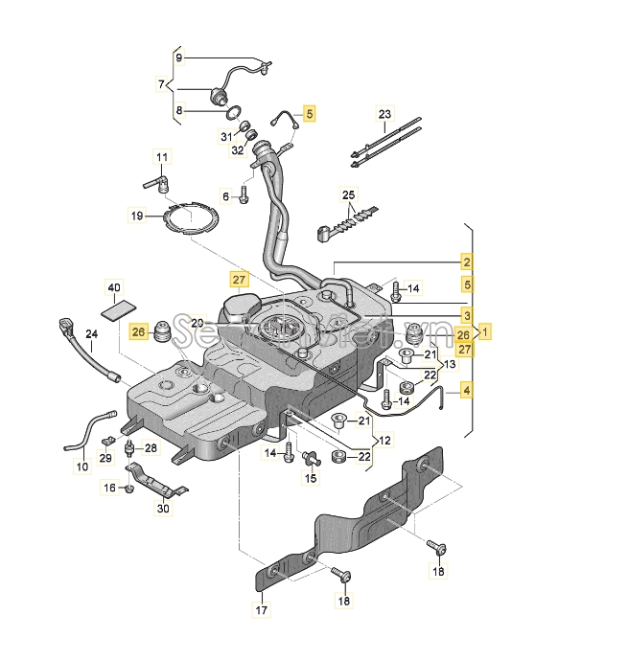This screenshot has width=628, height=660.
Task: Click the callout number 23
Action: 384,114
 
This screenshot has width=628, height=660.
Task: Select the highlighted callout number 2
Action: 467,262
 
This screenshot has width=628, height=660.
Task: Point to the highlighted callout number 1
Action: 486,332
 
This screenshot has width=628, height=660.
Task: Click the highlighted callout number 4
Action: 467,390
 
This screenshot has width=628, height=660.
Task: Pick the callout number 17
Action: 262,609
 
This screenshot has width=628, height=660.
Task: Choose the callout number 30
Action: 162,509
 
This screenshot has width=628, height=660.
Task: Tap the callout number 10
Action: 81,467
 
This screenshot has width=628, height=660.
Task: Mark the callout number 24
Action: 92,334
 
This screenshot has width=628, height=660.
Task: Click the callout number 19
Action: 137,216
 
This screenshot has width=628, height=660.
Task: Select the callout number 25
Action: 349,195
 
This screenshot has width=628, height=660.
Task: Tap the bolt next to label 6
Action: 244,195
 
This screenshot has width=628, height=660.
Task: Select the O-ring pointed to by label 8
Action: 232,114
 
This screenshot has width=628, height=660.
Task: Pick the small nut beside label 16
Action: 128,489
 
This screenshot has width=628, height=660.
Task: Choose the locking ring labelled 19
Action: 189,221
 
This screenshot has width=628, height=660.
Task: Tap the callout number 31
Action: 226,136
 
